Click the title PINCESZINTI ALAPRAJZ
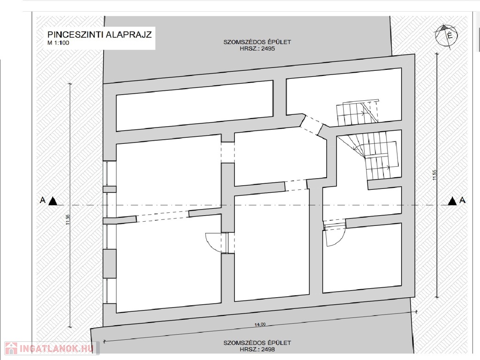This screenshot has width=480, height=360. tap(99, 34)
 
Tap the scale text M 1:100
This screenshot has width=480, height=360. tap(58, 43)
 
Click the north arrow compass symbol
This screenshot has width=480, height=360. tap(447, 36)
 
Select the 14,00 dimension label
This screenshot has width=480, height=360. tap(260, 324)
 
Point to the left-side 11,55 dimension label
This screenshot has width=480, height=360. tap(68, 219)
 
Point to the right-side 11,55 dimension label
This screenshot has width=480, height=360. tap(435, 175)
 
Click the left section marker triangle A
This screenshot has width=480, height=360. tap(52, 201)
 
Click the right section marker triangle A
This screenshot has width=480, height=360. tap(452, 201)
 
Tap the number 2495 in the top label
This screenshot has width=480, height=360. tap(268, 48)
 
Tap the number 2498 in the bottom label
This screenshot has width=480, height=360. tap(268, 349)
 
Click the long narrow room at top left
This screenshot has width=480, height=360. tap(195, 105)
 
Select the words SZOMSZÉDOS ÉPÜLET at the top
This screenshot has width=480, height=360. tap(257, 42)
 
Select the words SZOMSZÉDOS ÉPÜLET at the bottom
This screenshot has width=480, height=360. tap(257, 343)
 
